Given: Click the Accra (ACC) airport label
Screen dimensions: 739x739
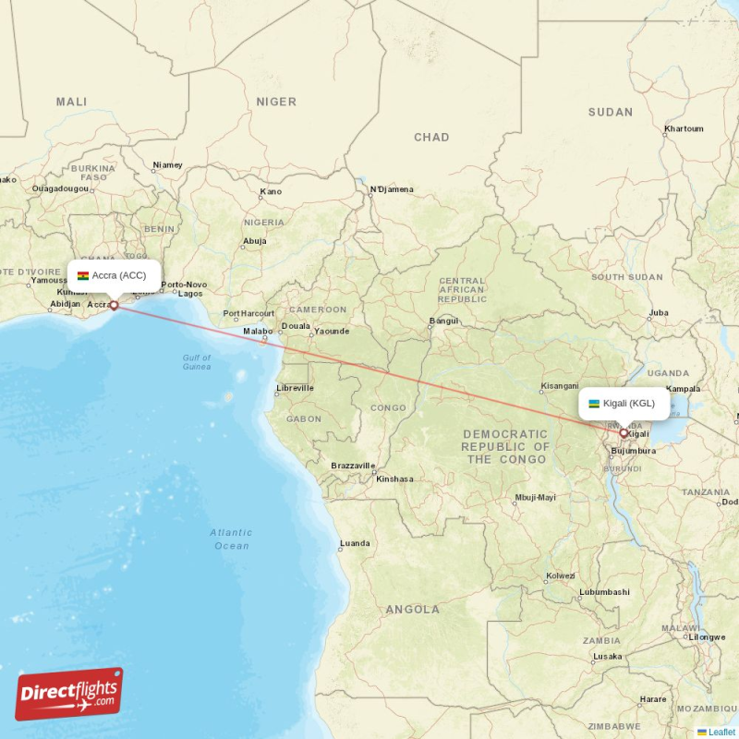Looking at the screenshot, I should [x=119, y=275].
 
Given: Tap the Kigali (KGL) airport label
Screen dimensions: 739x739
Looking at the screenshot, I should [x=628, y=404].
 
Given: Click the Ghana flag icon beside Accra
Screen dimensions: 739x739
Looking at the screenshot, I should [x=83, y=275].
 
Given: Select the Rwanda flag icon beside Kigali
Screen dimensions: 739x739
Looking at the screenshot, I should [x=594, y=404].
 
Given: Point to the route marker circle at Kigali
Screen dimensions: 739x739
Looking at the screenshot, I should [x=624, y=432].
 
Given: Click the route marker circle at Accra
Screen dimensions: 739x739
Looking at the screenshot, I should [x=114, y=305].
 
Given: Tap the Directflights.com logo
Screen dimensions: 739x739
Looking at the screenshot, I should [x=69, y=694].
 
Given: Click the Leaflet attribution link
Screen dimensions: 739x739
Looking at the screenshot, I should [x=721, y=732].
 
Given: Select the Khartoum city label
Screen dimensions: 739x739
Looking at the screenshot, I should [x=684, y=128].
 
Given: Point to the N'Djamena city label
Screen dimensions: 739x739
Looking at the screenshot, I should [x=392, y=189].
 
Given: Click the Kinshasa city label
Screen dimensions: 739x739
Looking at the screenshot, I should [x=394, y=479].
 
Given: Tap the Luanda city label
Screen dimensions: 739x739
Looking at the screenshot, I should [x=356, y=543].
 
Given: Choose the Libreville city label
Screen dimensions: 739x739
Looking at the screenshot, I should [x=295, y=388].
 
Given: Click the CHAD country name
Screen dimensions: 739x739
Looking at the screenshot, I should [x=431, y=138].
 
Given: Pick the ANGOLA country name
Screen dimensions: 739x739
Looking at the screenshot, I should [x=413, y=610].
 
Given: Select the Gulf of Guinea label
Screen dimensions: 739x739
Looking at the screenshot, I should [x=197, y=362].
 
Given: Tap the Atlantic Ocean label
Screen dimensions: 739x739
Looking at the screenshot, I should [x=231, y=539].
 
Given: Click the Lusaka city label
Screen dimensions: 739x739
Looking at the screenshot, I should [x=608, y=656].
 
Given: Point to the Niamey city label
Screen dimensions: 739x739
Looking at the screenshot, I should [x=168, y=165].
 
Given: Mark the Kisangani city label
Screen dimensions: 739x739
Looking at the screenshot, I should [x=560, y=385].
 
